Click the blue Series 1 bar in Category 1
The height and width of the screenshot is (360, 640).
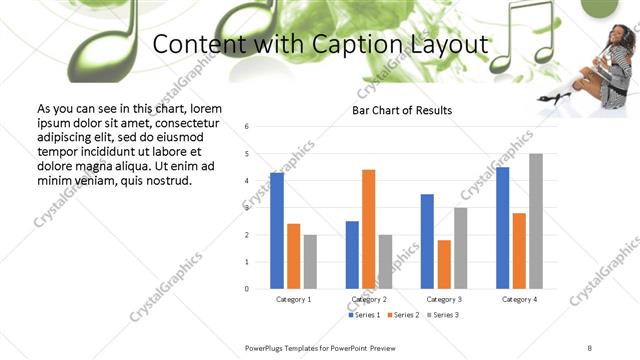(277, 231)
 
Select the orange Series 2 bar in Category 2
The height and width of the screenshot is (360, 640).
(369, 229)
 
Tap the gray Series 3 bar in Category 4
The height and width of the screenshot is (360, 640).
(536, 221)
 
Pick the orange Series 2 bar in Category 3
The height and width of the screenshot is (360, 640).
(444, 264)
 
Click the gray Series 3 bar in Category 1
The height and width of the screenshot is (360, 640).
(310, 262)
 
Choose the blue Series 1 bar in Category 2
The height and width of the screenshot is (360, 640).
(352, 255)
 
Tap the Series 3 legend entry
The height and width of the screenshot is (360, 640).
(444, 315)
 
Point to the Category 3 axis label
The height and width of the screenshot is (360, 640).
(444, 299)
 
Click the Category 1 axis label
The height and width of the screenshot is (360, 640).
(293, 299)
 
